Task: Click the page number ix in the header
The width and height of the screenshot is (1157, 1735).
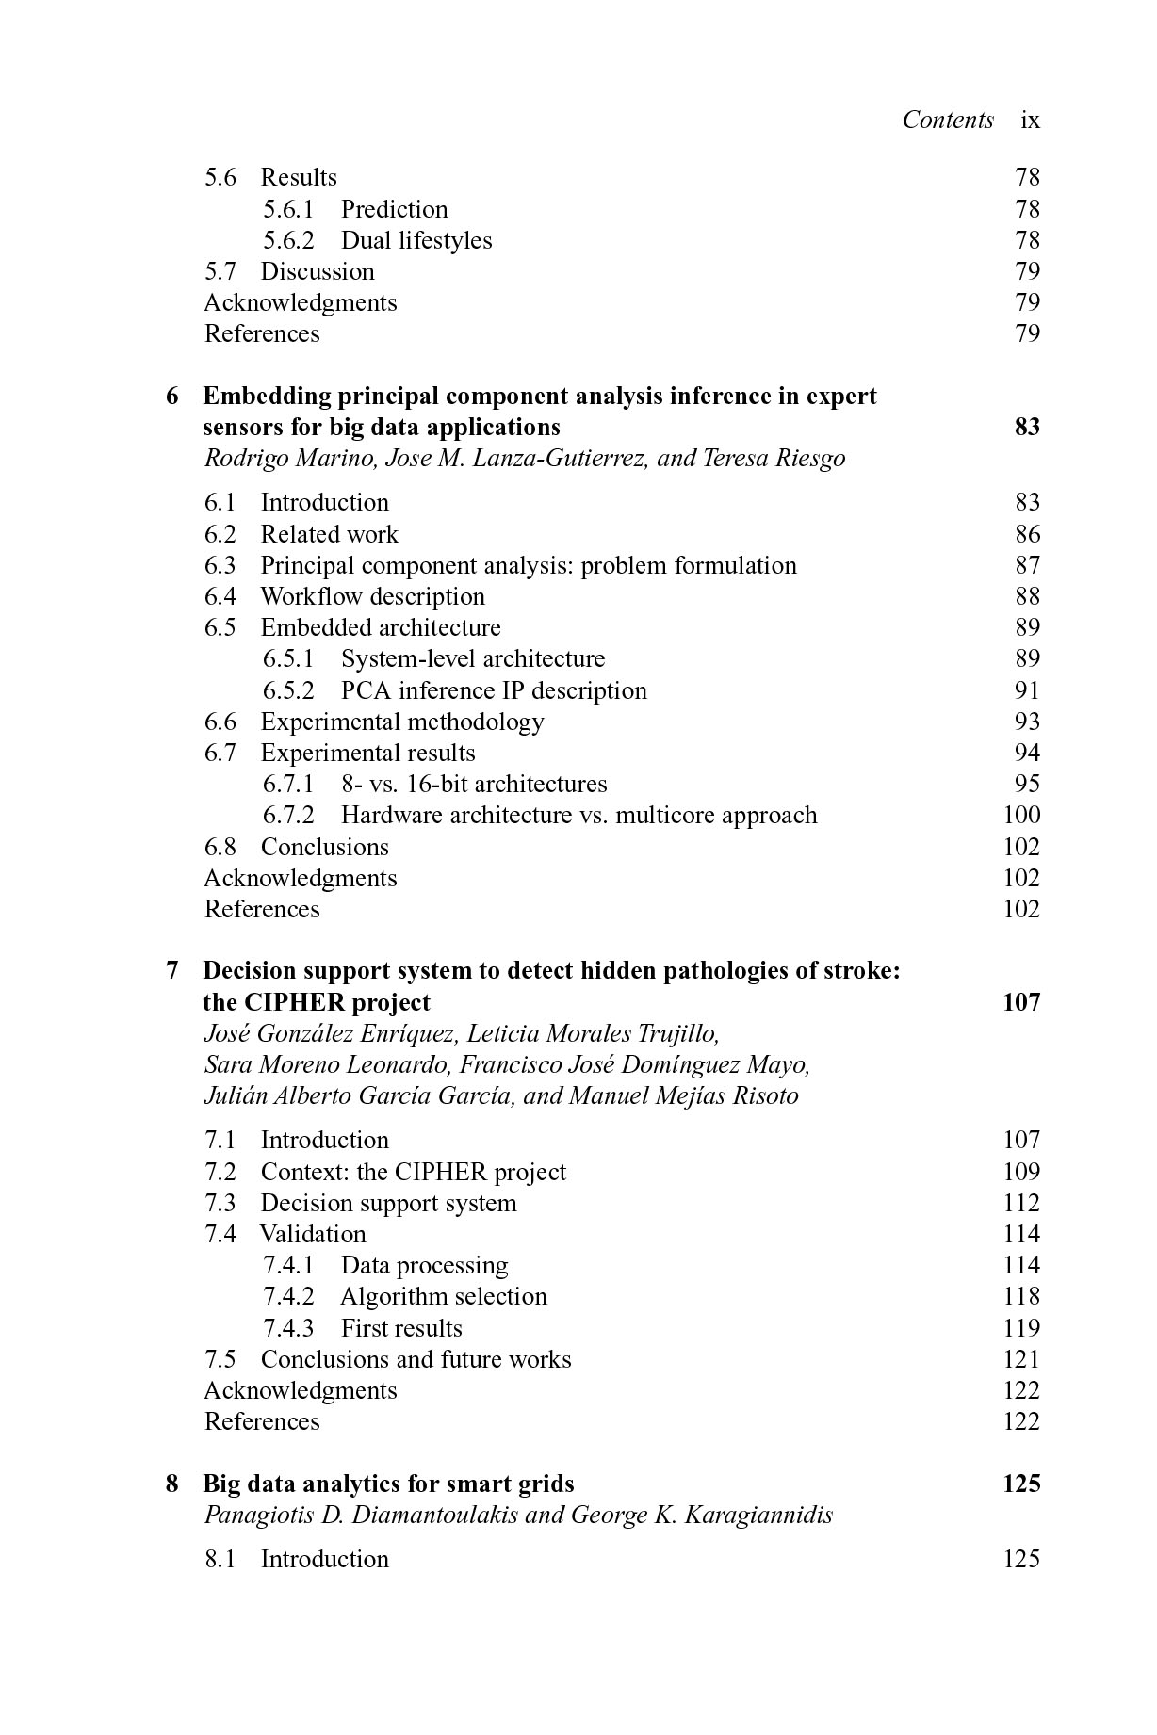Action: coord(1030,121)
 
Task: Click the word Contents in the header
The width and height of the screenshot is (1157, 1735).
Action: coord(948,120)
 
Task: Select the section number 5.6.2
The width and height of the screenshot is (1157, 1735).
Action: coord(287,240)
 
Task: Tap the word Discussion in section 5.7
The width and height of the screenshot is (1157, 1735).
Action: coord(318,271)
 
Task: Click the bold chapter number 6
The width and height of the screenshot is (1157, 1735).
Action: coord(172,396)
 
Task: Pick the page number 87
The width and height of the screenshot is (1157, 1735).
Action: coord(1027,565)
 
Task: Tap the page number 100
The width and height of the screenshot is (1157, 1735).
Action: coord(1021,815)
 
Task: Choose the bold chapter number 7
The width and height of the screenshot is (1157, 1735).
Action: coord(172,970)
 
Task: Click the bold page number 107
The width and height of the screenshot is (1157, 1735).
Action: coord(1021,1002)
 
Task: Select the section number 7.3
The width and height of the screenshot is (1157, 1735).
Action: coord(220,1203)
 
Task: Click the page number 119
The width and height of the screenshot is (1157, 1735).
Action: coord(1021,1328)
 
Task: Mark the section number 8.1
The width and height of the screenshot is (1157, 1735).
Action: coord(220,1559)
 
